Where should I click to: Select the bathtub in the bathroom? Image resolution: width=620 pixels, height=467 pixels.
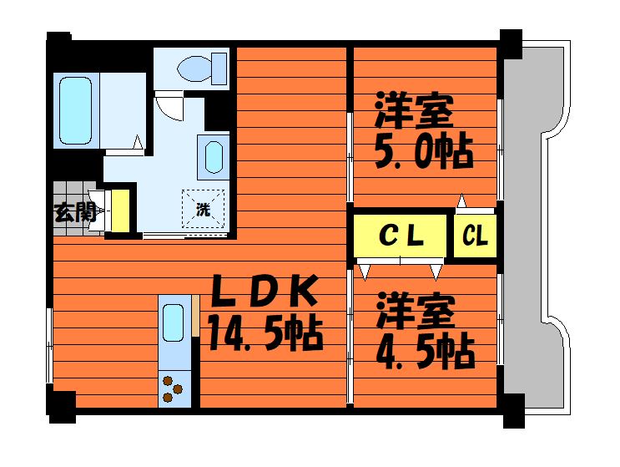pos(75,109)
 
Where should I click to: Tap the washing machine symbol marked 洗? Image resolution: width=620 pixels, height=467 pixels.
pos(204,208)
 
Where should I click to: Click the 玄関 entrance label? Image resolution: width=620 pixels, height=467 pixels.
pos(73,212)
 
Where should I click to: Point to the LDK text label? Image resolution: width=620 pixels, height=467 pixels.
pos(263,292)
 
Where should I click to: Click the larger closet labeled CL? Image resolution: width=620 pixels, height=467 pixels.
pos(401,236)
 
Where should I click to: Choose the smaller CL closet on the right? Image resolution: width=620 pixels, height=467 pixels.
pos(475,236)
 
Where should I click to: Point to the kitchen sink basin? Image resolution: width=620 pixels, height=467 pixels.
pos(173,322)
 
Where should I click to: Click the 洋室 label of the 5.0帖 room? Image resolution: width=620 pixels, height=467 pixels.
pos(414,111)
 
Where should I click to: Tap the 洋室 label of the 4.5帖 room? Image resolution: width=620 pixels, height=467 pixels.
pos(415,310)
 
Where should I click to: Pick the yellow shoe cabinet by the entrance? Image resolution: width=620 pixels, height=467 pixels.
pos(120,211)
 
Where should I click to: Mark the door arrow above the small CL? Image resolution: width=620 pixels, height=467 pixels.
pos(461,201)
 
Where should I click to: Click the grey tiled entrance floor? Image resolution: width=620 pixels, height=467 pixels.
pos(72,194)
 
